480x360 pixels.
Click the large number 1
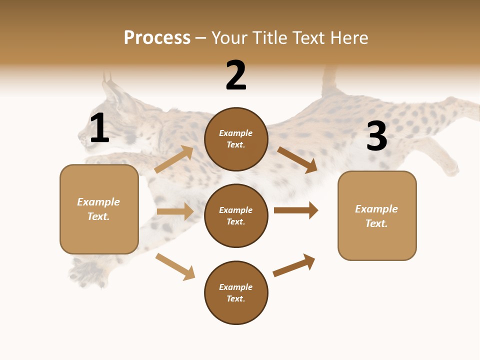pos(99,129)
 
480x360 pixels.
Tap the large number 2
pos(236,76)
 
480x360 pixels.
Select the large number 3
pos(376,137)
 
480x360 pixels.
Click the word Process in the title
pos(157,38)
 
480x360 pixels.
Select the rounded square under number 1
pos(99,209)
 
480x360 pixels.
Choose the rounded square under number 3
pos(377,216)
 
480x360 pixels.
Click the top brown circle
pos(236,139)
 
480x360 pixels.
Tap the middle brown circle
pos(236,216)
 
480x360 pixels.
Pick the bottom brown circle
pos(236,293)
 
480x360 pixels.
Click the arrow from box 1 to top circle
pos(174,159)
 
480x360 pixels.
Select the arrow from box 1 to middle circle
pos(175,211)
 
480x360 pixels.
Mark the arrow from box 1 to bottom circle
pos(175,267)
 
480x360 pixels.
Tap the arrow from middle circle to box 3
pos(296,210)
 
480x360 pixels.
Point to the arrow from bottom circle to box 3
pos(294,265)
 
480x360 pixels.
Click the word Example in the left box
pos(98,202)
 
